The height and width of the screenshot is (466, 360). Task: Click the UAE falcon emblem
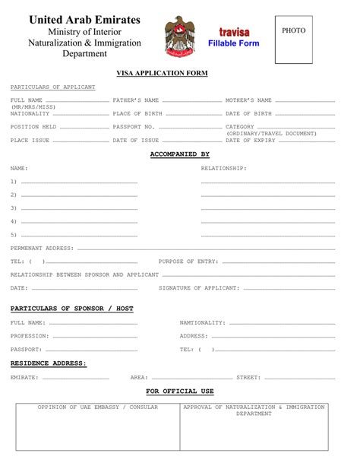180,36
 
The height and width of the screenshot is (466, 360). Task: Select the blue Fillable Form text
233,43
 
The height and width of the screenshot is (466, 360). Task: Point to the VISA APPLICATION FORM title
162,73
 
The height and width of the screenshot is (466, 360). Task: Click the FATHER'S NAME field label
136,100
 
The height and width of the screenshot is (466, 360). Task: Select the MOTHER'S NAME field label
248,100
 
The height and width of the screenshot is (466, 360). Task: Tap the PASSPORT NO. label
134,127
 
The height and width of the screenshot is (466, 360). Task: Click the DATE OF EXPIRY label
250,140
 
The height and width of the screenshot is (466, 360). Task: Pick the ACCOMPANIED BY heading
179,154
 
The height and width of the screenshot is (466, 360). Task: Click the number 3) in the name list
14,208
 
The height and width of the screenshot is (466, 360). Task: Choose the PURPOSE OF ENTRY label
188,261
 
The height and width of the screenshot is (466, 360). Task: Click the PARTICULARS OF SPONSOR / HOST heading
71,309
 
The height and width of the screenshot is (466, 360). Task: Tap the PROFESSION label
30,335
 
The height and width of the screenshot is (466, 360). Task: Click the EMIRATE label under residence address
24,377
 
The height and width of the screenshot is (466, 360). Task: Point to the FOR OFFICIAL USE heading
180,391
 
